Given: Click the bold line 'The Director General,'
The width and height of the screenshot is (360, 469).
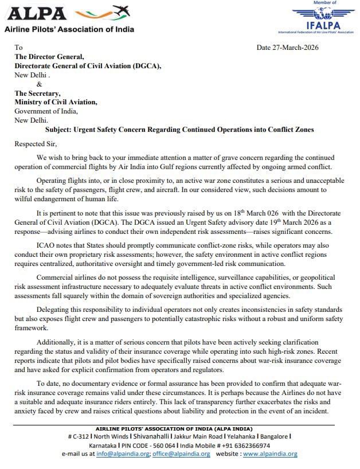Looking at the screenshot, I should click(49, 57).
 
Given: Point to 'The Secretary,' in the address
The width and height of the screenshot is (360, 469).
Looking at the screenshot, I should click(38, 93).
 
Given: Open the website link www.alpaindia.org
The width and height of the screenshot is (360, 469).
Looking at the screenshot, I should click(270, 454).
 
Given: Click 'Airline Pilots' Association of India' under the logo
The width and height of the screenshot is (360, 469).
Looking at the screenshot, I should click(69, 29).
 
